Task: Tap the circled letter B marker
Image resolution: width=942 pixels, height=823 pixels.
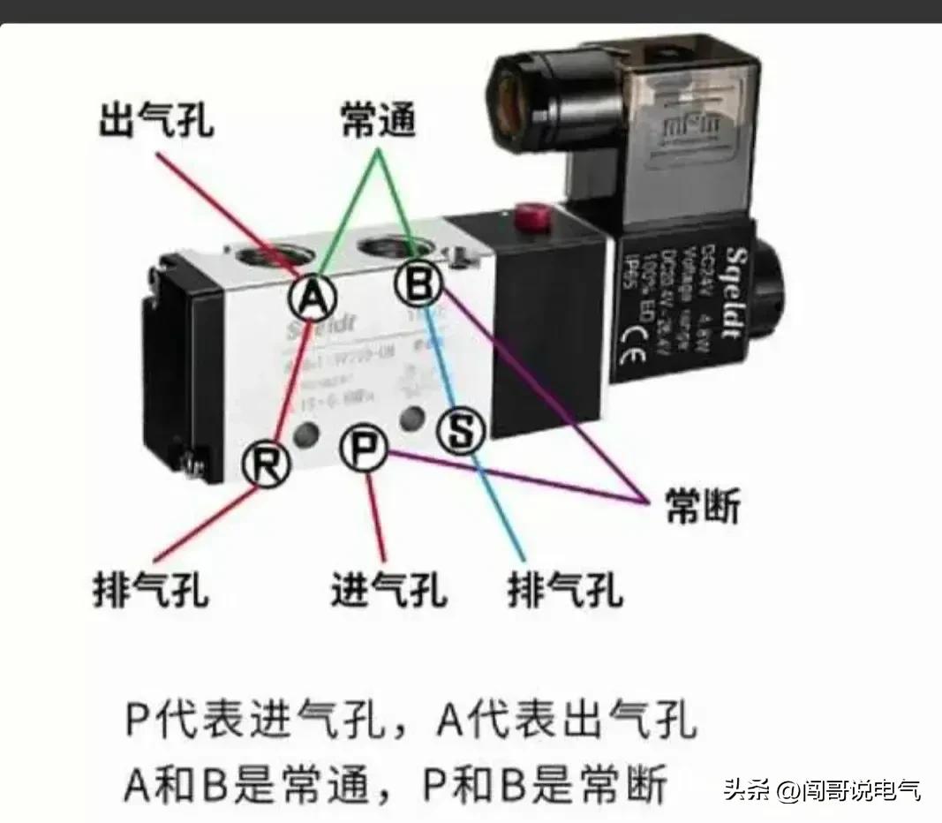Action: [x=418, y=283]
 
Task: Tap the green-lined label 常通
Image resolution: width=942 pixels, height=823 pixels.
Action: [x=378, y=122]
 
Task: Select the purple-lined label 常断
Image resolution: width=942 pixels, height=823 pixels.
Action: [x=701, y=507]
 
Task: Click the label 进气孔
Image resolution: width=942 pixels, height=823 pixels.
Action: [x=388, y=588]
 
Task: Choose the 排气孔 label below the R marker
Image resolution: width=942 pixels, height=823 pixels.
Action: [x=151, y=587]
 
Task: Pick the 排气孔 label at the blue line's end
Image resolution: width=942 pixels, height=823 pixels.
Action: [x=565, y=588]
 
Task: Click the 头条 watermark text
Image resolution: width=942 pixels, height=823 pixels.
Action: [x=747, y=789]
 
